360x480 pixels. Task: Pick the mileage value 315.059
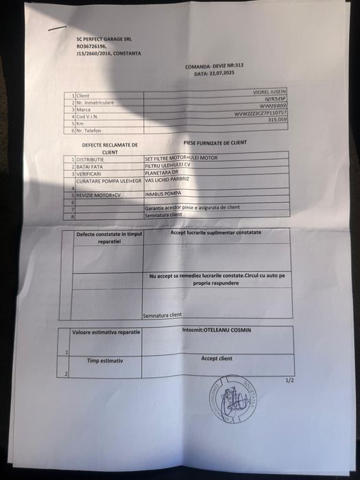(x=278, y=119)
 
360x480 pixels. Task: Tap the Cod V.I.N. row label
(x=88, y=117)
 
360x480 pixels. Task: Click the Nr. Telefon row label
(x=89, y=130)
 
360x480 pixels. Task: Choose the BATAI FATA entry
(x=89, y=166)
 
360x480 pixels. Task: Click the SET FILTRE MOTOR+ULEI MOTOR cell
(x=181, y=158)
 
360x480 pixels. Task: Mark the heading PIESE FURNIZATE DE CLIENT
(x=215, y=143)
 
